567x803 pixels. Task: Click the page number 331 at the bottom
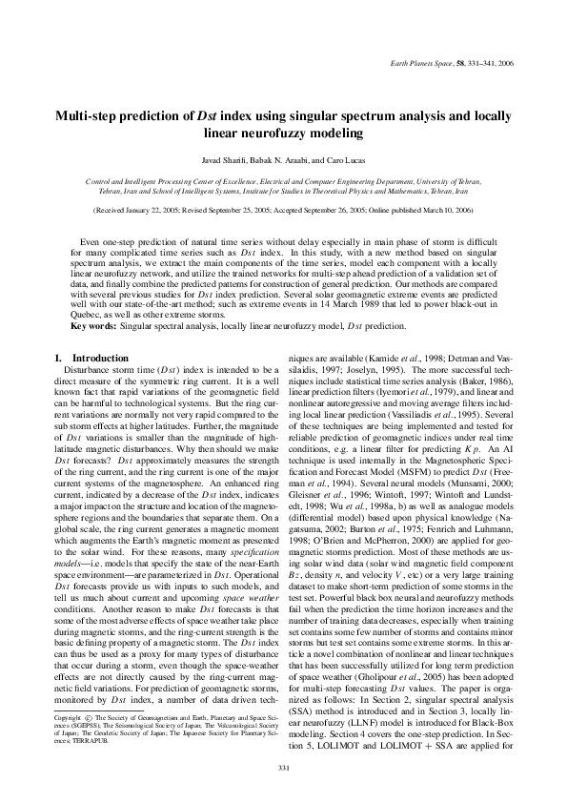283,793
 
